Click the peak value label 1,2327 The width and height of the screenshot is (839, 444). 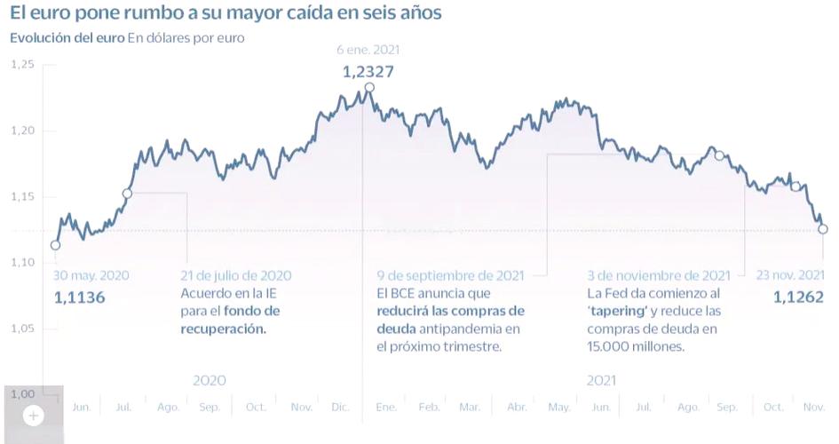368,71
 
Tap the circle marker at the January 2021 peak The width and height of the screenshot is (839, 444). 369,87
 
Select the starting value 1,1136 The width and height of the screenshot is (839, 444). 80,297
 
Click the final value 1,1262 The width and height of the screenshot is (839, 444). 799,297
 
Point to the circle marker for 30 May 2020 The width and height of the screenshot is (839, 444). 55,245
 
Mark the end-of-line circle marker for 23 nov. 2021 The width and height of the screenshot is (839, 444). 823,229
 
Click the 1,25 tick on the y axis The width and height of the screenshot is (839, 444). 22,65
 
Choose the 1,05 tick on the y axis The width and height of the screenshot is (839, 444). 22,329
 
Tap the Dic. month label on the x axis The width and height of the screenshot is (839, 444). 340,407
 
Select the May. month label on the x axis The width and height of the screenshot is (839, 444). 558,407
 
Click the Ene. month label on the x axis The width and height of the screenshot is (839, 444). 385,407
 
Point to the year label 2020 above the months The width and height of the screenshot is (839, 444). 209,380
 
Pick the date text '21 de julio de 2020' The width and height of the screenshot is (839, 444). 235,276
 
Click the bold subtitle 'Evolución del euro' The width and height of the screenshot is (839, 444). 67,38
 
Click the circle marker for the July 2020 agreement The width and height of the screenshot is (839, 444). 127,193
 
